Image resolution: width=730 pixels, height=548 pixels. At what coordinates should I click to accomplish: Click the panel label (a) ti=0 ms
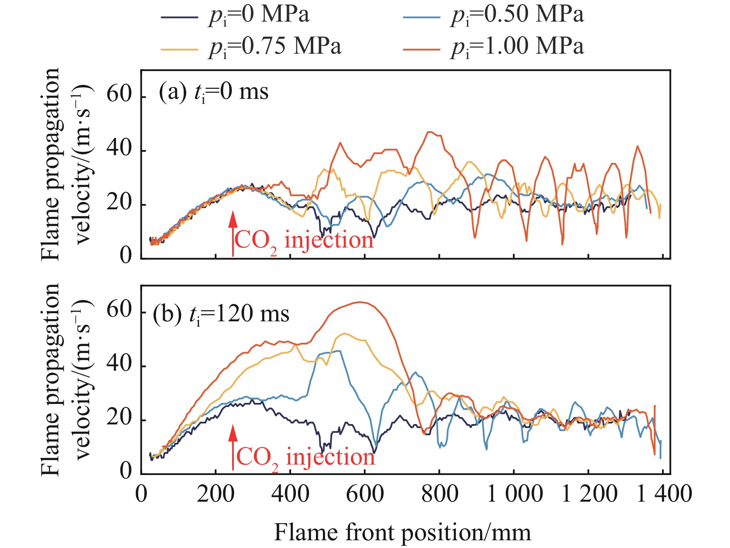tap(213, 93)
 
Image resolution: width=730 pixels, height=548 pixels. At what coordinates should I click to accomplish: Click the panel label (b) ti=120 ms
tap(221, 314)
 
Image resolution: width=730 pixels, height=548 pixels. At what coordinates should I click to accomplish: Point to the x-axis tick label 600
tap(365, 494)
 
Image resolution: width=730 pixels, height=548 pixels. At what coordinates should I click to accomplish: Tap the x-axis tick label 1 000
tap(514, 494)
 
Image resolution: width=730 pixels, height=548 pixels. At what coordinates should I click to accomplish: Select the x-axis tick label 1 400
tap(664, 494)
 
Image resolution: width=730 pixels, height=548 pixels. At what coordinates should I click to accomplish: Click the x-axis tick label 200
tap(216, 494)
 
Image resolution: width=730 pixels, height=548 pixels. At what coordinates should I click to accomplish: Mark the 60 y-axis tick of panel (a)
tap(119, 94)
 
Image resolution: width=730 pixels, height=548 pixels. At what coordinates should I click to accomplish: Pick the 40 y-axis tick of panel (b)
tap(119, 364)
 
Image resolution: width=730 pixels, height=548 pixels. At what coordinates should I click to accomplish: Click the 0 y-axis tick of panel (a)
tap(126, 255)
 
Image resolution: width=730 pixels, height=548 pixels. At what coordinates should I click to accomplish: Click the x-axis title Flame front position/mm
tap(402, 533)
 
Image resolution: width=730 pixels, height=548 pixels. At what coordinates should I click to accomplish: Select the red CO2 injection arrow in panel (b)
tap(233, 447)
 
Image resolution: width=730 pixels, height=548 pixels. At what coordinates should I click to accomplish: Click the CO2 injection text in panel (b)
tap(305, 458)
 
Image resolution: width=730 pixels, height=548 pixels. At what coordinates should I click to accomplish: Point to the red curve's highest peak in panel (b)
tap(360, 302)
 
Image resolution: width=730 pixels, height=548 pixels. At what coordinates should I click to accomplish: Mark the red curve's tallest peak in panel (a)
tap(429, 132)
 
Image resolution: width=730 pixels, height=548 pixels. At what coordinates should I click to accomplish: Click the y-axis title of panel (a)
tap(66, 164)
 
